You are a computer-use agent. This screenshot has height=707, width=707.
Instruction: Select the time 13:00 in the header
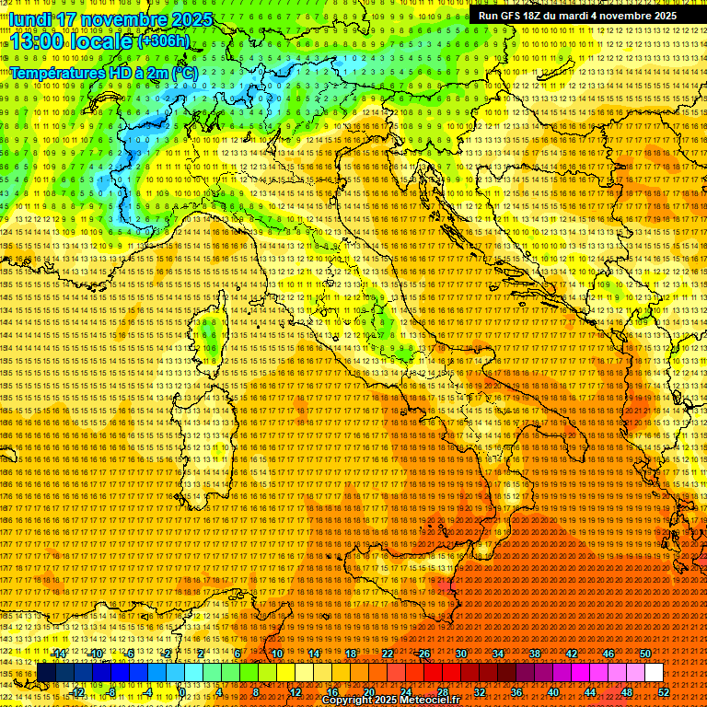pyautogui.click(x=38, y=41)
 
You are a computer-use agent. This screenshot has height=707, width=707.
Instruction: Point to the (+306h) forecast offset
pyautogui.click(x=164, y=41)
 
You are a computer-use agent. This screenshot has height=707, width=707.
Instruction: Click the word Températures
pyautogui.click(x=53, y=72)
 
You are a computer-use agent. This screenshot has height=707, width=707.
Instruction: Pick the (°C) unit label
pyautogui.click(x=184, y=72)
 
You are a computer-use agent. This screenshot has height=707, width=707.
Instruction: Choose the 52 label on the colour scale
pyautogui.click(x=664, y=691)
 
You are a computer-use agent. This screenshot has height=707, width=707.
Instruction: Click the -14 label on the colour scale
pyautogui.click(x=60, y=654)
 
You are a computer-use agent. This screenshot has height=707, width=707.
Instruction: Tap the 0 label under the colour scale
pyautogui.click(x=183, y=691)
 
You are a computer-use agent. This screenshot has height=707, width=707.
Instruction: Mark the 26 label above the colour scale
pyautogui.click(x=423, y=654)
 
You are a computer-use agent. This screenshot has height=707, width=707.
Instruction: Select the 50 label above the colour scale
pyautogui.click(x=645, y=654)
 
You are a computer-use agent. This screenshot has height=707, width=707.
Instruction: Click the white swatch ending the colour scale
pyautogui.click(x=654, y=673)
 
